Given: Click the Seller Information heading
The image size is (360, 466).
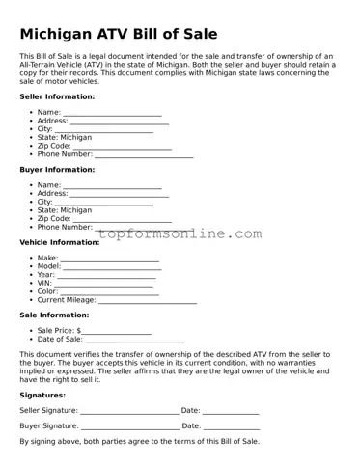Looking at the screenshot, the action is tap(57, 96).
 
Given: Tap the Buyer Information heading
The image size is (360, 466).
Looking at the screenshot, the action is tap(57, 169).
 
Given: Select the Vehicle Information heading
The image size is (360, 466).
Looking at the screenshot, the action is tap(59, 242).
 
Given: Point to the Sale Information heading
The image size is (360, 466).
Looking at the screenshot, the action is tap(55, 315).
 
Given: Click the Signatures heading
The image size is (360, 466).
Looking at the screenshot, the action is tap(42, 395).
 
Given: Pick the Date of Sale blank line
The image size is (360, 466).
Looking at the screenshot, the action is tap(134, 342).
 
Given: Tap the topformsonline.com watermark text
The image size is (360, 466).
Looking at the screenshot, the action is tap(179, 233).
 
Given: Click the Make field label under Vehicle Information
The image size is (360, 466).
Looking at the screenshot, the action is tap(47, 259).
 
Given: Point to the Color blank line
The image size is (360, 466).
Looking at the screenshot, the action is tap(106, 293).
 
